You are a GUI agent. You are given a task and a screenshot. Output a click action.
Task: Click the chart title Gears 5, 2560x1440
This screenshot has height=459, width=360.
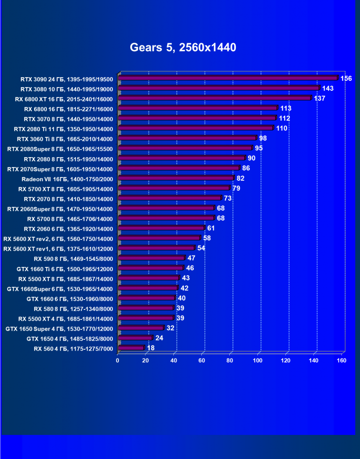click(x=183, y=48)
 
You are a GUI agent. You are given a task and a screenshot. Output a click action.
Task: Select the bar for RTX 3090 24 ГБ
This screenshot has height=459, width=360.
click(x=228, y=78)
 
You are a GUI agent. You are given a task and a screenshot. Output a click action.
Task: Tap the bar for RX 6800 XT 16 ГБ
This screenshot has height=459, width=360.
click(x=215, y=98)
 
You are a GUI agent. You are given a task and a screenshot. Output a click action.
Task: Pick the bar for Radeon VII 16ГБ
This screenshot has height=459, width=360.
click(x=176, y=178)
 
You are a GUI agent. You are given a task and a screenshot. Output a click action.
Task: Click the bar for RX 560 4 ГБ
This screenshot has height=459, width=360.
click(x=131, y=348)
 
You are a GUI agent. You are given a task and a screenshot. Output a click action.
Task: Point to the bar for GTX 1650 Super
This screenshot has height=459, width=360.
click(x=141, y=328)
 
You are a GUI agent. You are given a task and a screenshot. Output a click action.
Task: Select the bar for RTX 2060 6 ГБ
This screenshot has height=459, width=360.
click(x=161, y=228)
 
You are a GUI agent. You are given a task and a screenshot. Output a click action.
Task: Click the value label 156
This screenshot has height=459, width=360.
click(x=346, y=78)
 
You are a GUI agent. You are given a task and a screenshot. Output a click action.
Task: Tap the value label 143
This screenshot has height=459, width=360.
click(x=328, y=88)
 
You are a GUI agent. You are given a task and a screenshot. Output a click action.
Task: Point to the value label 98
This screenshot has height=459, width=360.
click(x=263, y=138)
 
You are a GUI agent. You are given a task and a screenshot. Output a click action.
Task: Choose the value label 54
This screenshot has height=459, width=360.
click(x=201, y=248)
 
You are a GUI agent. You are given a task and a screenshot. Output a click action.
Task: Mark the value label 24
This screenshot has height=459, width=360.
click(x=159, y=338)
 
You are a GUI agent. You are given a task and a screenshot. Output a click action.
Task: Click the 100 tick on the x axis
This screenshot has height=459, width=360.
click(x=258, y=361)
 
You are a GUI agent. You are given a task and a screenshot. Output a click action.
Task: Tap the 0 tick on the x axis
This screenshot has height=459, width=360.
click(x=118, y=361)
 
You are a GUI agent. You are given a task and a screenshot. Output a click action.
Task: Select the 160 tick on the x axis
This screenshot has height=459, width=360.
click(x=342, y=361)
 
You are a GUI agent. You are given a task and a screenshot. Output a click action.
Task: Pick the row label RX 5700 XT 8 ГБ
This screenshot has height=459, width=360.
click(x=66, y=189)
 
